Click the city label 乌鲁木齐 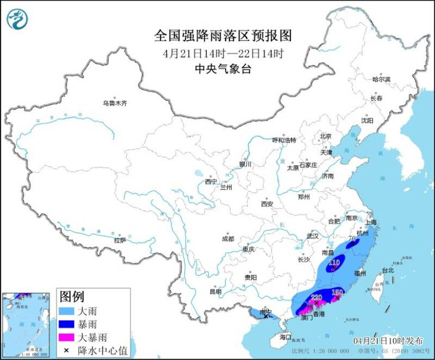coord(115,103)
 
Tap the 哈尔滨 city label coord(381,79)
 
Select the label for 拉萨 coord(120,239)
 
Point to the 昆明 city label coord(216,291)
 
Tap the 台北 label coord(387,270)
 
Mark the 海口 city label coord(285,336)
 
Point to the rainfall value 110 coord(334,263)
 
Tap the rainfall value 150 coord(337,292)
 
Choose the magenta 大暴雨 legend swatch coord(68,338)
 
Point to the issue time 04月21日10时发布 coord(391,341)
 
